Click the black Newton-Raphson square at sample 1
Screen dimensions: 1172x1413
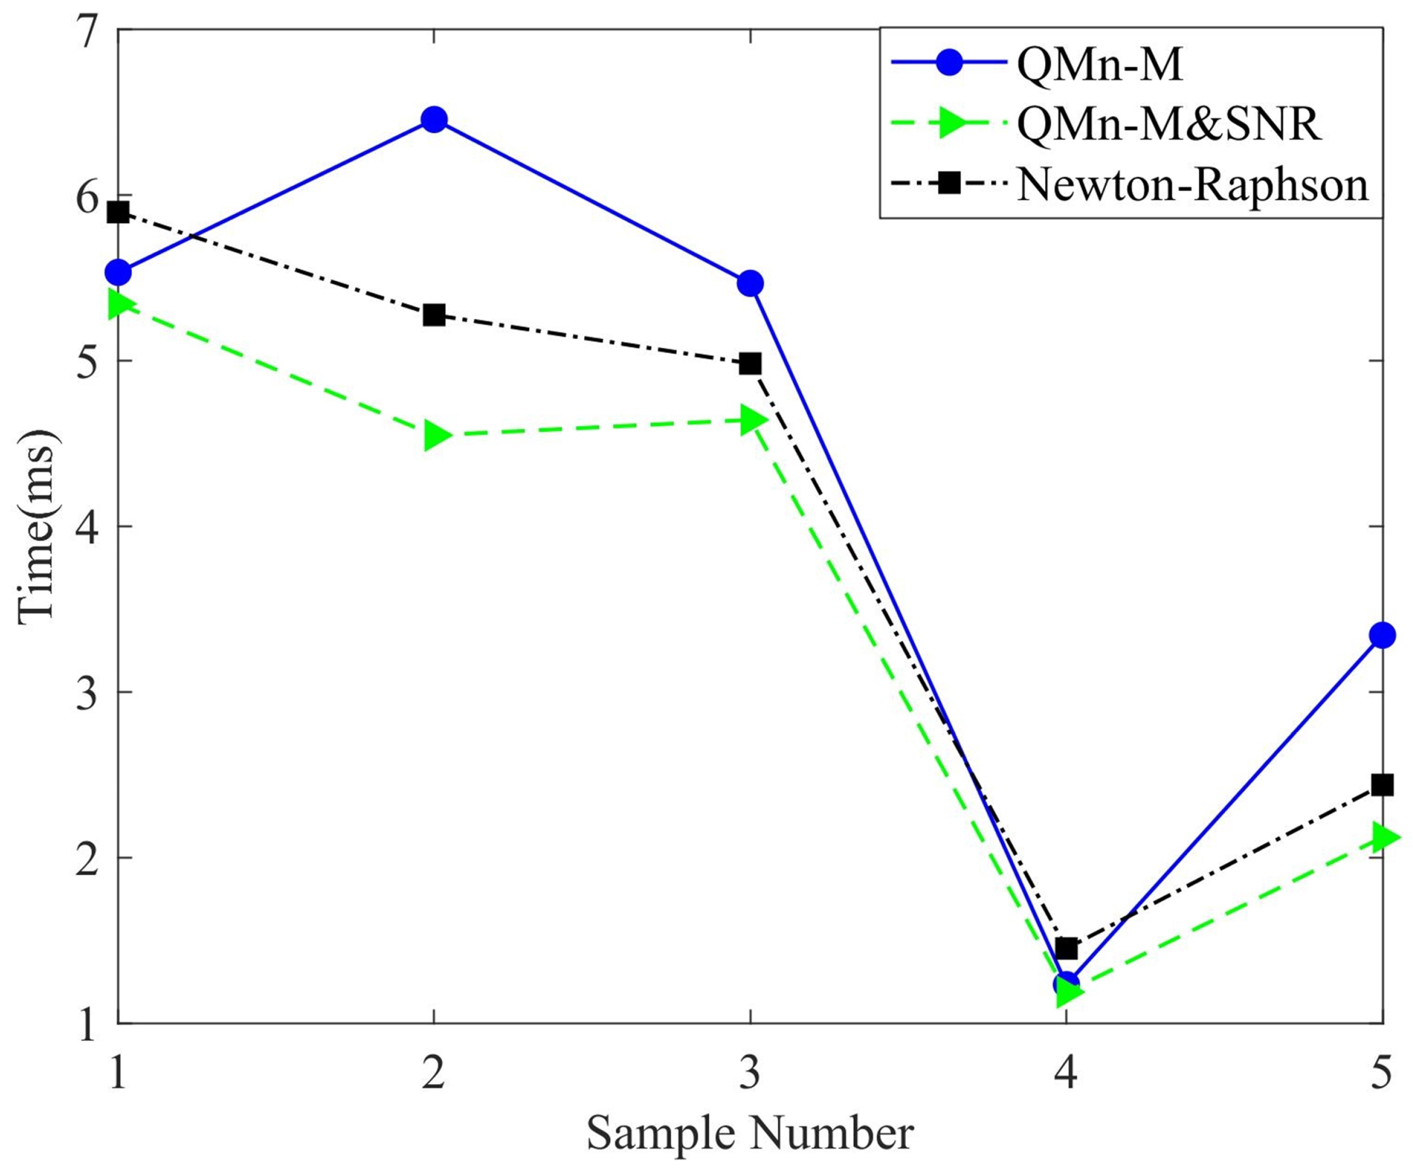click(x=118, y=213)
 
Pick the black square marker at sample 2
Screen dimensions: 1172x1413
click(x=434, y=315)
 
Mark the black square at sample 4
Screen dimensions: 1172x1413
click(x=1066, y=949)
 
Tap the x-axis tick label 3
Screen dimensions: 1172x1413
click(x=750, y=1073)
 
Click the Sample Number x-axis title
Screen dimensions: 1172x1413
click(x=749, y=1133)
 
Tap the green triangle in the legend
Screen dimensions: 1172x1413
click(x=951, y=124)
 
